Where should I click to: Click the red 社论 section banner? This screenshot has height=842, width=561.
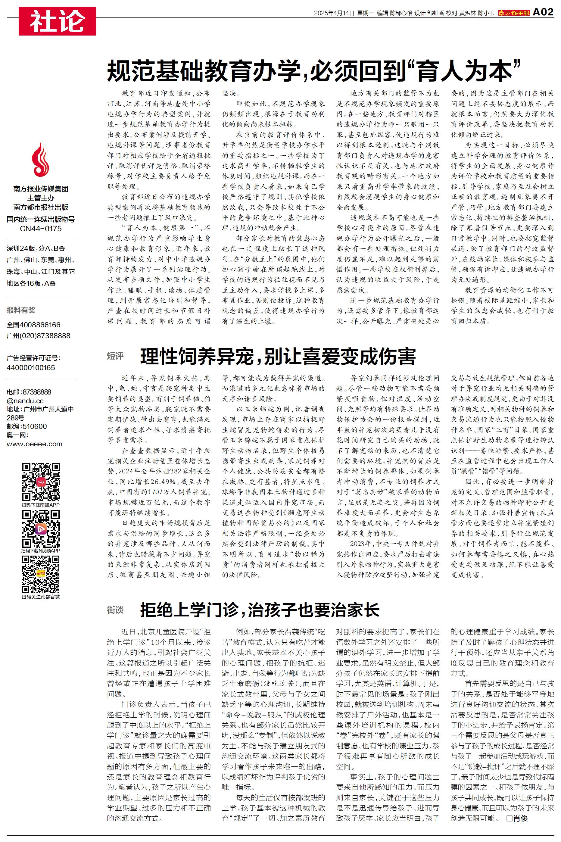(x=57, y=21)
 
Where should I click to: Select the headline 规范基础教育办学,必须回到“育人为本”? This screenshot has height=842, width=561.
(x=313, y=71)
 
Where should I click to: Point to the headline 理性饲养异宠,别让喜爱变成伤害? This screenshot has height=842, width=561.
(x=278, y=356)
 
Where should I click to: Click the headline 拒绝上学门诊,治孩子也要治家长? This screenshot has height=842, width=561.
(x=260, y=610)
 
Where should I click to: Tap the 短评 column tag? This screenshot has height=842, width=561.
(x=115, y=356)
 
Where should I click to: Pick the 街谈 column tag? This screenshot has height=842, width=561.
(x=115, y=610)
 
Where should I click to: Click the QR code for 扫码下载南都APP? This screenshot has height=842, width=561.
(x=41, y=482)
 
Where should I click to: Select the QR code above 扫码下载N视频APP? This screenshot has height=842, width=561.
(x=41, y=528)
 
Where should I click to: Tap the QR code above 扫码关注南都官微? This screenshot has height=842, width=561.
(x=41, y=574)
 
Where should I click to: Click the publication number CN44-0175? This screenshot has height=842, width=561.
(x=41, y=229)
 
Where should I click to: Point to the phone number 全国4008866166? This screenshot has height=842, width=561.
(x=34, y=325)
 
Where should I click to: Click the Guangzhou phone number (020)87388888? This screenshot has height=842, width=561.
(x=39, y=335)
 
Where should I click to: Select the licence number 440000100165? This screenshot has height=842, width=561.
(x=31, y=367)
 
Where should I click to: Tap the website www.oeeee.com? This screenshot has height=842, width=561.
(x=34, y=444)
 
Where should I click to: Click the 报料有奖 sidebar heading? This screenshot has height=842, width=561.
(x=21, y=310)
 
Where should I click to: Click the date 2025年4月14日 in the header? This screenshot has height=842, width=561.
(x=334, y=13)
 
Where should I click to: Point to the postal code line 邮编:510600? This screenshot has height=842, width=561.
(x=27, y=426)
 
